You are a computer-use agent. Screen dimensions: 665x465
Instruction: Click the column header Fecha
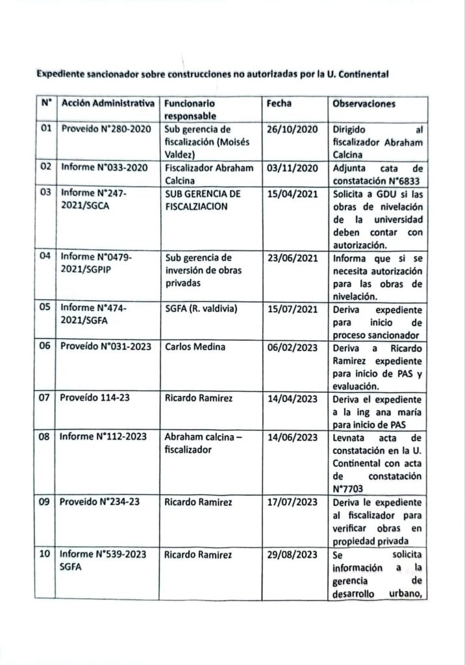click(279, 103)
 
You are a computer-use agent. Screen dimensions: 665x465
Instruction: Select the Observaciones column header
click(364, 104)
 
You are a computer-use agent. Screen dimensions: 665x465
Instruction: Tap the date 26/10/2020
click(292, 129)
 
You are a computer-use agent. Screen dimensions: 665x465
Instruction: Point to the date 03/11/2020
click(292, 167)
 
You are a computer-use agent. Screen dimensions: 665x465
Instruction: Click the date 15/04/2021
click(292, 194)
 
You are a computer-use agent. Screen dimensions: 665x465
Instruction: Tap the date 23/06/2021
click(292, 257)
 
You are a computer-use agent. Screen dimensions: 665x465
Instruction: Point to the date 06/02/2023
click(292, 347)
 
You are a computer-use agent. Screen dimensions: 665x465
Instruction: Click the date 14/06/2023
click(292, 437)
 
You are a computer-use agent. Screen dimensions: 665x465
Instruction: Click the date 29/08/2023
click(292, 553)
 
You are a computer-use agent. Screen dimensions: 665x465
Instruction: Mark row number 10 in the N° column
click(45, 553)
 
